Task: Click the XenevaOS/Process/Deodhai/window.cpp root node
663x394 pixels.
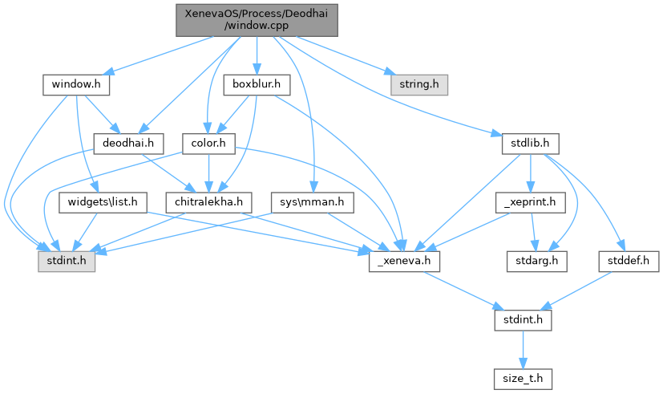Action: point(257,19)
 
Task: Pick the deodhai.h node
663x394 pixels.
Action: point(128,143)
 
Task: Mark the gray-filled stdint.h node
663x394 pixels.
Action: point(66,262)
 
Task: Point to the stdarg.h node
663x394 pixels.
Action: point(536,262)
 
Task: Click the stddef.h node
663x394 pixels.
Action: point(629,262)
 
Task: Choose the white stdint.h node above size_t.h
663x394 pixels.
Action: point(521,321)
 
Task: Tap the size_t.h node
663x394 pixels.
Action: point(521,376)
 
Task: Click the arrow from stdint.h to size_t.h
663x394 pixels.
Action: point(521,348)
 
